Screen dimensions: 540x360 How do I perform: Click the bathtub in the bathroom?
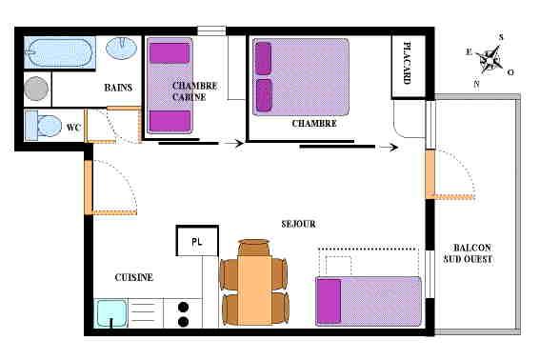pyautogui.click(x=60, y=52)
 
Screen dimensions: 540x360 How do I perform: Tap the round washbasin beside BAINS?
pyautogui.click(x=121, y=49)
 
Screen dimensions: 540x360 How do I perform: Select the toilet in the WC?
pyautogui.click(x=44, y=126)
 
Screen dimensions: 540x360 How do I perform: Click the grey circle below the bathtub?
pyautogui.click(x=36, y=89)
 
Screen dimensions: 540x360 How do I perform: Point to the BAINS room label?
pyautogui.click(x=118, y=88)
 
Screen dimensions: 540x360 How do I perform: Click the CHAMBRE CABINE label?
pyautogui.click(x=194, y=91)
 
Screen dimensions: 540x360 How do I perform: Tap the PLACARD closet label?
pyautogui.click(x=407, y=63)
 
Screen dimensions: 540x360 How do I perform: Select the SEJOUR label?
pyautogui.click(x=298, y=224)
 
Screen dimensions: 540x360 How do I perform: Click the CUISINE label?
pyautogui.click(x=134, y=277)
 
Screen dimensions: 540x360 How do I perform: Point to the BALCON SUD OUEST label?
pyautogui.click(x=468, y=253)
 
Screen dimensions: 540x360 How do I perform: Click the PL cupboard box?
pyautogui.click(x=197, y=241)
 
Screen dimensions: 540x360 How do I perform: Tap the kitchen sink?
pyautogui.click(x=110, y=313)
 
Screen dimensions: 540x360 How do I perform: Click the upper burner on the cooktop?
pyautogui.click(x=184, y=307)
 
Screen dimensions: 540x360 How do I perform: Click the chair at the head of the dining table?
pyautogui.click(x=254, y=247)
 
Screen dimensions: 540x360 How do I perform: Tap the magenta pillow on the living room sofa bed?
pyautogui.click(x=329, y=302)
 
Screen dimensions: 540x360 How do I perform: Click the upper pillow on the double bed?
pyautogui.click(x=264, y=58)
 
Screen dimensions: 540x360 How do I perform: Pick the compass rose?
pyautogui.click(x=490, y=59)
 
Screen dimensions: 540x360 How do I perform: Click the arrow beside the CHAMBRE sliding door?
pyautogui.click(x=389, y=148)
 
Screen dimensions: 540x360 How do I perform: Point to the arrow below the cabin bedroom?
pyautogui.click(x=232, y=143)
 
